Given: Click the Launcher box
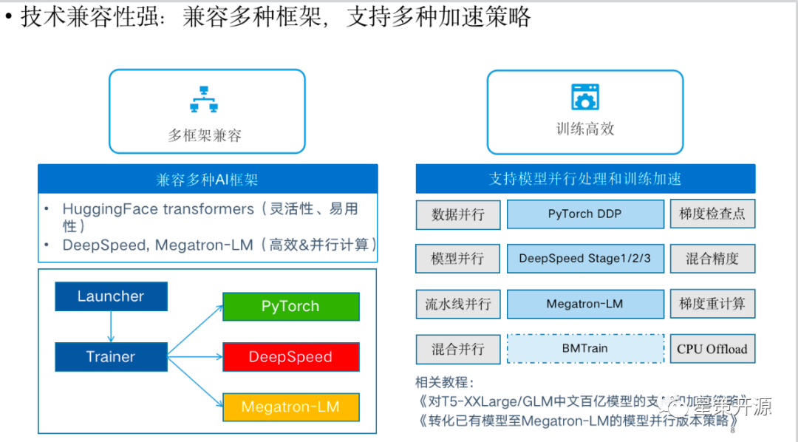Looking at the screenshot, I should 111,296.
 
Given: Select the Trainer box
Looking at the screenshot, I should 111,356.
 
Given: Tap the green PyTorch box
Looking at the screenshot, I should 290,306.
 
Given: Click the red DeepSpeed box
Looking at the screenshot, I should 290,357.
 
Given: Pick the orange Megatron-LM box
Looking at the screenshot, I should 290,407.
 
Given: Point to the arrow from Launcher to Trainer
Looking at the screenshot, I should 111,326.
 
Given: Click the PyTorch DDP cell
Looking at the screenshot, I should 584,214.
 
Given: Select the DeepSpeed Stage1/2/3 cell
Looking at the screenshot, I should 584,259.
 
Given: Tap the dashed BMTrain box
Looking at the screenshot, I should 584,348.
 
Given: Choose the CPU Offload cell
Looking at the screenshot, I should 712,349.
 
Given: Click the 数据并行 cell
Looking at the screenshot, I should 458,214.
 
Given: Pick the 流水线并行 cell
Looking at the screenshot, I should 458,304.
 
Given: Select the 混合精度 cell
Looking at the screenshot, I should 712,259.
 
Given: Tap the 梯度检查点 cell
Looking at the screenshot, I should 712,214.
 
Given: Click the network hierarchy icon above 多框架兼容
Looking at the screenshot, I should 204,99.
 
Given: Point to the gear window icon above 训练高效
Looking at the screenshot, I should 584,97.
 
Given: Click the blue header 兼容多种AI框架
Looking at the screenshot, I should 208,180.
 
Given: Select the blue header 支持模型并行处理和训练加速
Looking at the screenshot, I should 585,179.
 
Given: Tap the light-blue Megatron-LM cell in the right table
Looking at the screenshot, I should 584,304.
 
